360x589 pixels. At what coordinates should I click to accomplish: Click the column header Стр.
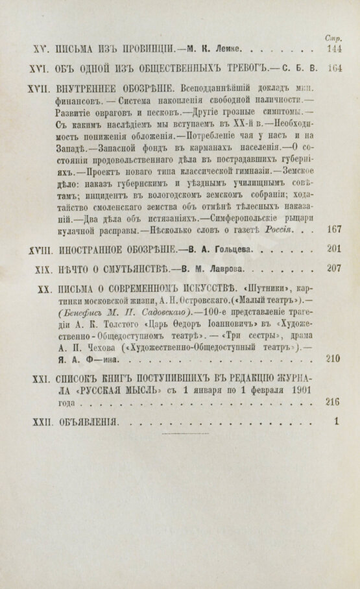(334, 38)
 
